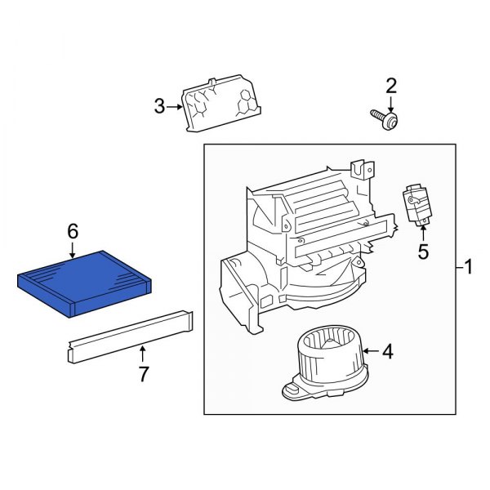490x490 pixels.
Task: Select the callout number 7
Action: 143,374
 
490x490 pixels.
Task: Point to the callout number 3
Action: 159,106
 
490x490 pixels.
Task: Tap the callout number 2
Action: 391,86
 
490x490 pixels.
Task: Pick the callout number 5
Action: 423,252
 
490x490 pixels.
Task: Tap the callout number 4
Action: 388,352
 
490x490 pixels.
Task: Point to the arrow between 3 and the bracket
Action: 176,106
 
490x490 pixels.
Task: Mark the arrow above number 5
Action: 423,232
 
